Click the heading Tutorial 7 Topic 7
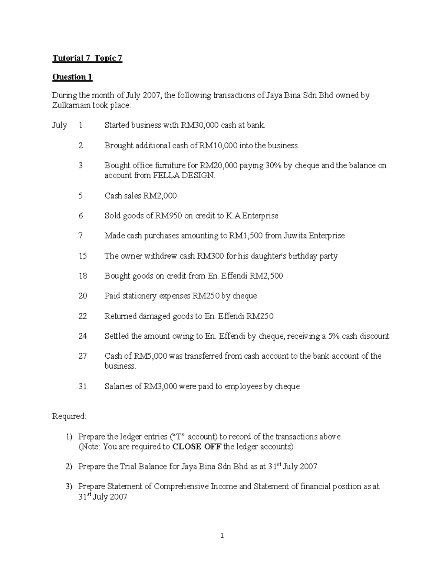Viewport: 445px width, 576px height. (87, 58)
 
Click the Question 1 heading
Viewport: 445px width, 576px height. (72, 77)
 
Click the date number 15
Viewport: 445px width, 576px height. (83, 256)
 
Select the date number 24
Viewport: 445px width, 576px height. (83, 336)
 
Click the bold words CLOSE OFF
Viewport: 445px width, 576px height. (197, 447)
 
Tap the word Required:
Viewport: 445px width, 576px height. (69, 416)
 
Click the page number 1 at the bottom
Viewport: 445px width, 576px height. (222, 536)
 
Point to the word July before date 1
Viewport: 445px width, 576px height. (59, 125)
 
